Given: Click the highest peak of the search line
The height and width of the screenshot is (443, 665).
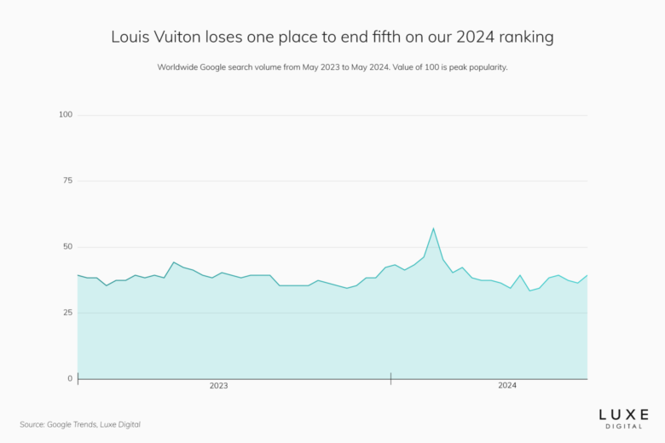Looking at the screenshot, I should pos(433,228).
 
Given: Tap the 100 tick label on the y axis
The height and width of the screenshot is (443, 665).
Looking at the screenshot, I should pos(66,114).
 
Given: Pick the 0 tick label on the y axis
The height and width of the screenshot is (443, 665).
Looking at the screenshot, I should pos(70,378).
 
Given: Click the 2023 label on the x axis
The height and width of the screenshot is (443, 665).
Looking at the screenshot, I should pos(218,386).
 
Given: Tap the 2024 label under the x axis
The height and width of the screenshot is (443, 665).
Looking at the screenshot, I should pos(506,386).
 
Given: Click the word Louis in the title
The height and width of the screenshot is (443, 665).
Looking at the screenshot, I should pos(130,37).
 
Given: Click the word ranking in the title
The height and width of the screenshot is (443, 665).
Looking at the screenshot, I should pos(523,37).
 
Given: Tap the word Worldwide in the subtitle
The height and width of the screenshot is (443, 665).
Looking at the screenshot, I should pos(180,66).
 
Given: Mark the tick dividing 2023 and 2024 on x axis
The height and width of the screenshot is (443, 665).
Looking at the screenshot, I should pos(390,378).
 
